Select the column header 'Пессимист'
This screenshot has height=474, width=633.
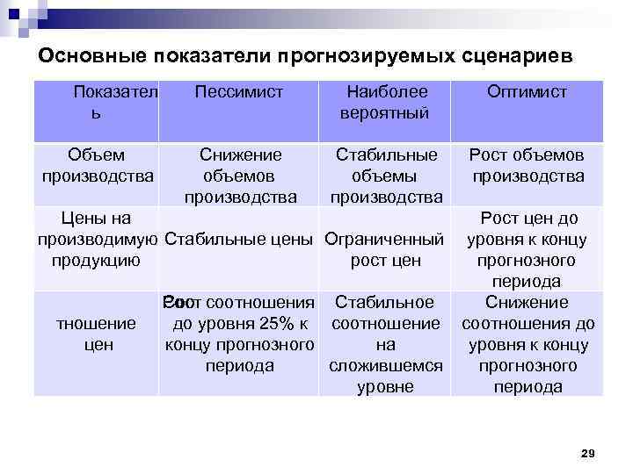[x=238, y=92]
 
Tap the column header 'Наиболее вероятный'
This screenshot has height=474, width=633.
[x=386, y=102]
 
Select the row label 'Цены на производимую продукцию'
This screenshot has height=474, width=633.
[x=96, y=239]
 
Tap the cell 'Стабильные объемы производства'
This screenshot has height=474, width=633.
[x=386, y=175]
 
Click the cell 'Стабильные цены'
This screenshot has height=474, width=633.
[x=240, y=239]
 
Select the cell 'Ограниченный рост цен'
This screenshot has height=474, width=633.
[x=386, y=248]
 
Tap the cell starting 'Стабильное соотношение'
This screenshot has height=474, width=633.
[x=386, y=343]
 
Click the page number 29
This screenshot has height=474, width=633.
[x=588, y=453]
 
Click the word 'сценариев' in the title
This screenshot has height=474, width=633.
[x=518, y=55]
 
